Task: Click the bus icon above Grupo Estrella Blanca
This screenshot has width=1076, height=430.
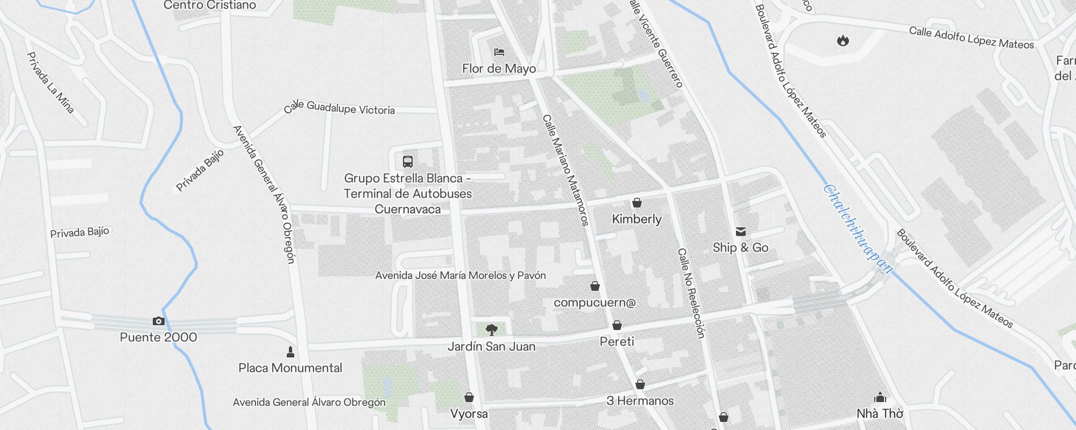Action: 408,161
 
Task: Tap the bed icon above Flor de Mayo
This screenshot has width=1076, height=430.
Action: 499,52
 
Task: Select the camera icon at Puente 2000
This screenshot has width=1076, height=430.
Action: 158,321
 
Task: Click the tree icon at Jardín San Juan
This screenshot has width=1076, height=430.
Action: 491,329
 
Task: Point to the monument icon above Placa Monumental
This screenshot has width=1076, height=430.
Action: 291,352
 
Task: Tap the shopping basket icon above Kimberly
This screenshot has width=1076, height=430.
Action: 637,203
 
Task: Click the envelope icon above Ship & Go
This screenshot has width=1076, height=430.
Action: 741,232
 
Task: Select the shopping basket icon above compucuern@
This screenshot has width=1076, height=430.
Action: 595,286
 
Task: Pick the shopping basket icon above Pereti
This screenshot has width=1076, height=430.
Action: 617,325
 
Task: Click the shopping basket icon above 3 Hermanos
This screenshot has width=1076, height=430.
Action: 640,384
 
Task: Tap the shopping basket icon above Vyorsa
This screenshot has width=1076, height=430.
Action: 469,397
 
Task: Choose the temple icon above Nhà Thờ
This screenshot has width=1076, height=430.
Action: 880,397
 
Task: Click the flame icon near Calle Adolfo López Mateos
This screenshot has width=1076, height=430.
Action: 843,40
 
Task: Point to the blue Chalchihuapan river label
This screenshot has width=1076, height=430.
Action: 858,230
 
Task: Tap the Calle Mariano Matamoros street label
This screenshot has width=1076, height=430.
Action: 565,169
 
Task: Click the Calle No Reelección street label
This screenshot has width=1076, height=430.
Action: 691,293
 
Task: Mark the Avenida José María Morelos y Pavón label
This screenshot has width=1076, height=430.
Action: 461,276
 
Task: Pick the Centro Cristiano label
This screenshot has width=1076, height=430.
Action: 210,5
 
